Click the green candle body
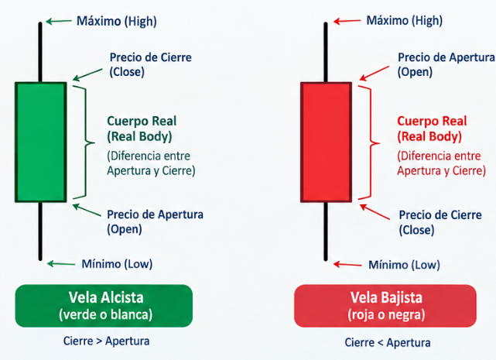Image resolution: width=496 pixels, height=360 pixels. point(41,142)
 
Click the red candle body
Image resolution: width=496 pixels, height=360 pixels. point(326,142)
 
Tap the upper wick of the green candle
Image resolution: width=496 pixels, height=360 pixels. point(40,52)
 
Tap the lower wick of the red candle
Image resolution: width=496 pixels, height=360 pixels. point(326,231)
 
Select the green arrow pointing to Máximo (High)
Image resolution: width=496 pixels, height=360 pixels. point(59,21)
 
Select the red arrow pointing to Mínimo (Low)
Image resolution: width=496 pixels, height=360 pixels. point(347,264)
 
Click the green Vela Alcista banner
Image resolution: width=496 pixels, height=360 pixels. point(104,306)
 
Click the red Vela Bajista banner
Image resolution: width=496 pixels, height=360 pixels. point(385,306)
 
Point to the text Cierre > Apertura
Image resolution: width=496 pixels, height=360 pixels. point(106,341)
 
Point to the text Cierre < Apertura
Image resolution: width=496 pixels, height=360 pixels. point(388,342)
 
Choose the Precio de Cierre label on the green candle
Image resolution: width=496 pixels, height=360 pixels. point(151,64)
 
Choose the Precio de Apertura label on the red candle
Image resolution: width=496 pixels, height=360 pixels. point(446,64)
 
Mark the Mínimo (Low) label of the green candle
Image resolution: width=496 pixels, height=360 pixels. point(117,264)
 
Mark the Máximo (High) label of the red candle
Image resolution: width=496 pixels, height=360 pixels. point(404,21)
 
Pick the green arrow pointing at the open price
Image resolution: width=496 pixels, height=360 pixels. point(87,211)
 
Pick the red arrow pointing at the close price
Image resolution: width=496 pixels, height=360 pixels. point(375,211)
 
